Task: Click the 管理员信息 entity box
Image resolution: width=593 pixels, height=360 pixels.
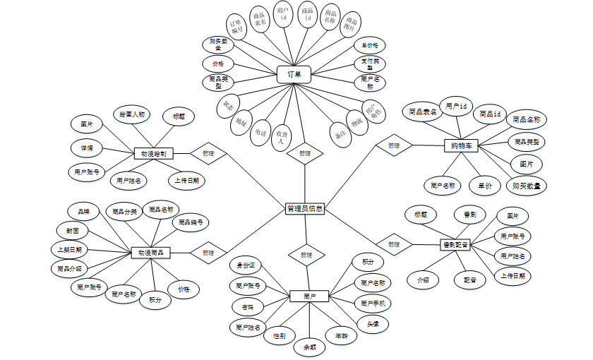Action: (x=305, y=209)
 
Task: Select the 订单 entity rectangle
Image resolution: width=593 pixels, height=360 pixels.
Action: (x=294, y=74)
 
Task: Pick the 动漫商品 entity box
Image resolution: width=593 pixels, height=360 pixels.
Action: (x=151, y=252)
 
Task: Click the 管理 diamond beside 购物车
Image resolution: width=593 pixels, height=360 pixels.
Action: (x=393, y=145)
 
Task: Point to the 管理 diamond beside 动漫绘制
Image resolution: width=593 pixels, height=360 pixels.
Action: (x=208, y=152)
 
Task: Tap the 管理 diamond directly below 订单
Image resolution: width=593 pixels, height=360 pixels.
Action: (x=304, y=152)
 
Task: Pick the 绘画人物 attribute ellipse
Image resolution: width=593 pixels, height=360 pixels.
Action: (x=131, y=114)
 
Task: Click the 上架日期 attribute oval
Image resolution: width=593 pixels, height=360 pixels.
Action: (x=70, y=250)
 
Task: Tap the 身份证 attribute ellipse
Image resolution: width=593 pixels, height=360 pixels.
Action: (x=248, y=265)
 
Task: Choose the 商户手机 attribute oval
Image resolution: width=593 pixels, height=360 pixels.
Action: (x=372, y=304)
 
